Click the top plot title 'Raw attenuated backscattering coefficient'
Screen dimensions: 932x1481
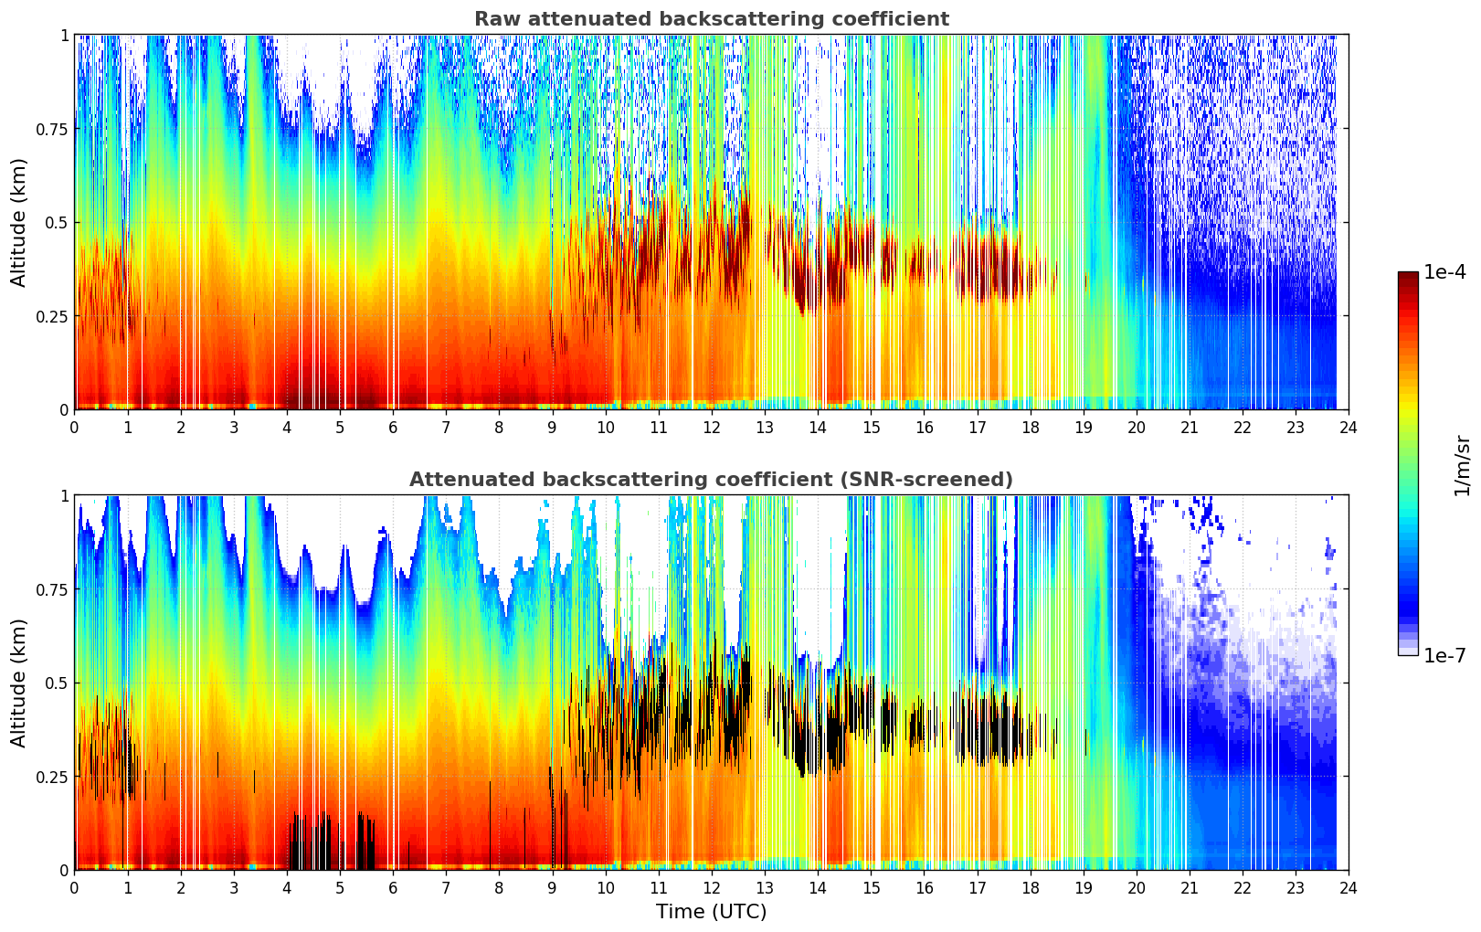coord(711,19)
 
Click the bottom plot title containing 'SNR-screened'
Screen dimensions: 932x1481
coord(711,480)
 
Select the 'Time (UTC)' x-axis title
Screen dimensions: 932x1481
coord(711,912)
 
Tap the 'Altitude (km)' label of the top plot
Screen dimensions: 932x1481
coord(19,222)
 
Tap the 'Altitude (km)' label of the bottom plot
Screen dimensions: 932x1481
coord(19,683)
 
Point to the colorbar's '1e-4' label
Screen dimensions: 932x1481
coord(1444,272)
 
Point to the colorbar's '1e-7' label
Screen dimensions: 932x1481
coord(1444,655)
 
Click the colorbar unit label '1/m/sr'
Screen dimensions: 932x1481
coord(1462,464)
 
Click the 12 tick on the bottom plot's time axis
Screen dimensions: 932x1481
coord(712,888)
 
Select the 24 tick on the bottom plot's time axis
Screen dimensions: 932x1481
coord(1349,888)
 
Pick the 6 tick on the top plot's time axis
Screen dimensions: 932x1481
coord(393,428)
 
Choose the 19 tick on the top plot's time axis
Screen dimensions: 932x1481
coord(1083,428)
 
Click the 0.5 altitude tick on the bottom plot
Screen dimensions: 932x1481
coord(58,683)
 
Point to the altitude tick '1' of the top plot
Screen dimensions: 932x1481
coord(64,35)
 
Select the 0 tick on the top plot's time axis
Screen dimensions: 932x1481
coord(75,428)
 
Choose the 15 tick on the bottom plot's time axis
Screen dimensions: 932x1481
coord(871,888)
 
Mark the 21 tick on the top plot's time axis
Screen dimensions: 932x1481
coord(1190,428)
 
